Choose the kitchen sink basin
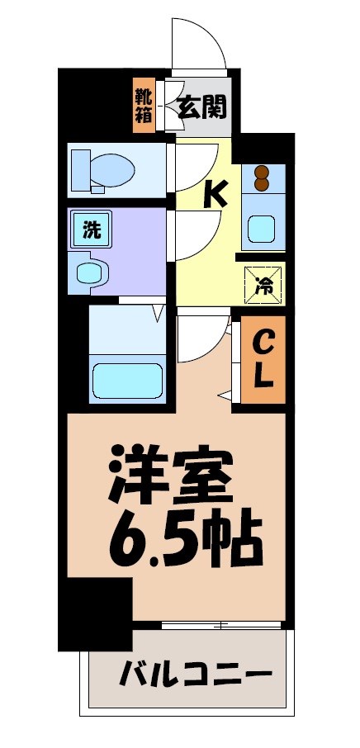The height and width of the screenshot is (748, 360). tap(263, 226)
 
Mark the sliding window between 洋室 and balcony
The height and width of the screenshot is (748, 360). tap(221, 625)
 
